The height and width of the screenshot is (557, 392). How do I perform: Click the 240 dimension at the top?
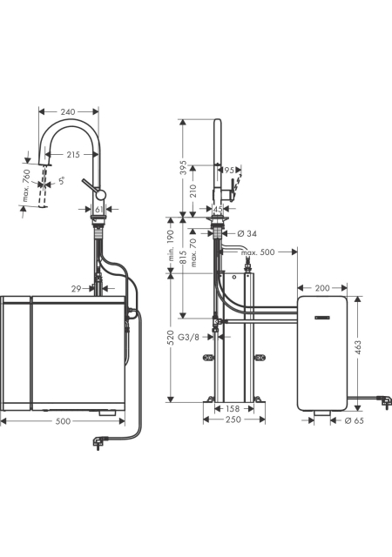coord(68,112)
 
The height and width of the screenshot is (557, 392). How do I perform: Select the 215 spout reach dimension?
coord(72,155)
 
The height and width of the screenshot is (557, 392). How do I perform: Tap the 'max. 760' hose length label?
coord(27,185)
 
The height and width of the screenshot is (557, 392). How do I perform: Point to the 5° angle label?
coord(62,181)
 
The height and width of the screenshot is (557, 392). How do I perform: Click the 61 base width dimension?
coord(99,210)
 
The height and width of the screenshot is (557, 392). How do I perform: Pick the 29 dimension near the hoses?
coord(76,289)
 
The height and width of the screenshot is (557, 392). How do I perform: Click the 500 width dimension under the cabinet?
coord(64,421)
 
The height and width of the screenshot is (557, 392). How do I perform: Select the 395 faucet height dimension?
coord(183,167)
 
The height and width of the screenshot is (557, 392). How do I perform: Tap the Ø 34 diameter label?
coord(247,233)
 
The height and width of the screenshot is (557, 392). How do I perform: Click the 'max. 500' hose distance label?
coord(258,252)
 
